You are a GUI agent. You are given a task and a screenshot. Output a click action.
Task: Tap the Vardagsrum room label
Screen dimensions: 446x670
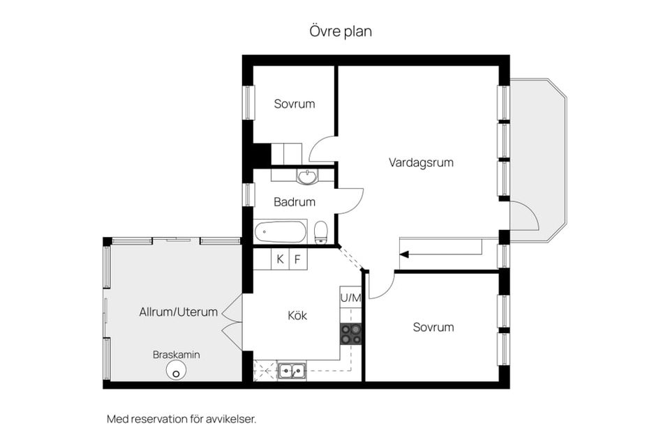click(x=421, y=162)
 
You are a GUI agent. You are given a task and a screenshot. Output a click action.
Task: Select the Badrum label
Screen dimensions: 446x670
click(x=294, y=202)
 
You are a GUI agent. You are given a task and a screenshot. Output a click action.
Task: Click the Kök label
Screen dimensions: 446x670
click(x=297, y=316)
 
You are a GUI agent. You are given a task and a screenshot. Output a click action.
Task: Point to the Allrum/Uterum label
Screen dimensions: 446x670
click(x=178, y=312)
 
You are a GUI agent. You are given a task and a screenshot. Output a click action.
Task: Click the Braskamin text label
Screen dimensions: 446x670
click(x=176, y=355)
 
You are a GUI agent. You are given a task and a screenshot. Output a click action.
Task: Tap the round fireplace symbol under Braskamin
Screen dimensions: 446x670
click(x=176, y=372)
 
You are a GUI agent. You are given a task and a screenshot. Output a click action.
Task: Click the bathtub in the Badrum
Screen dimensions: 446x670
click(x=281, y=231)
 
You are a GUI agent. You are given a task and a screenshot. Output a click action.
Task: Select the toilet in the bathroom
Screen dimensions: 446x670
click(x=321, y=232)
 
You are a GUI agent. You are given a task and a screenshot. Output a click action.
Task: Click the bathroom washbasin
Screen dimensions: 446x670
click(x=307, y=176)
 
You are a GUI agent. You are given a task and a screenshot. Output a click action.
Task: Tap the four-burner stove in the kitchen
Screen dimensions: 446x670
click(x=350, y=334)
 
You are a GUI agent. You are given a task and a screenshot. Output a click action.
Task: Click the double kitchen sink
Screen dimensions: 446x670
click(x=292, y=371)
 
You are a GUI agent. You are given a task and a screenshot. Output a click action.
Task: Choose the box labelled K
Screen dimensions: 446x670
click(x=280, y=259)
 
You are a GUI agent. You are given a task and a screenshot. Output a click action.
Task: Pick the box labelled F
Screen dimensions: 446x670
click(x=297, y=259)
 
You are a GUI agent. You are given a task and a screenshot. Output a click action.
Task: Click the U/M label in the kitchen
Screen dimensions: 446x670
click(x=350, y=298)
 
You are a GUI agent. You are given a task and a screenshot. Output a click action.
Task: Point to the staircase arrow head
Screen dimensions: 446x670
click(x=404, y=254)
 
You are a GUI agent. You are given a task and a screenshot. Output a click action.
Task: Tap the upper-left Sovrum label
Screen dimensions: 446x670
click(x=294, y=104)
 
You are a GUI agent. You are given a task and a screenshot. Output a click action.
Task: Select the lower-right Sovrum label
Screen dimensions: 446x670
click(x=433, y=327)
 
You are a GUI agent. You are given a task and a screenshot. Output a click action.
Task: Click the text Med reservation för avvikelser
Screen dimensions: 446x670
click(x=181, y=420)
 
